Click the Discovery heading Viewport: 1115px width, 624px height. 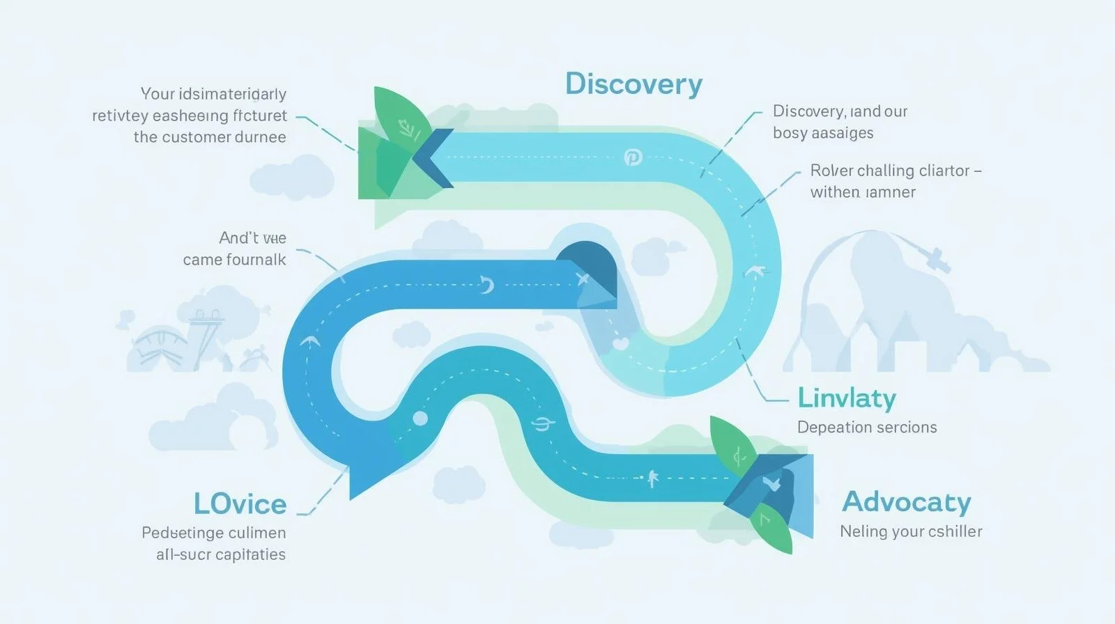pos(633,84)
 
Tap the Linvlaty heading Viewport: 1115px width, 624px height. pos(846,398)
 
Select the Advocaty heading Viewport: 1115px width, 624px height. pos(906,502)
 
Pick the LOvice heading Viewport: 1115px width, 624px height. pos(240,504)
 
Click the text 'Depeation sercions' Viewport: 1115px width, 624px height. pos(867,427)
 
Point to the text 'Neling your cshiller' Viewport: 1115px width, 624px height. pos(911,531)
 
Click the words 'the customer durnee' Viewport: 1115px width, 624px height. pos(210,137)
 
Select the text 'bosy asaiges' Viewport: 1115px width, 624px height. pos(822,133)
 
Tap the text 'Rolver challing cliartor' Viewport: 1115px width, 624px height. pos(890,171)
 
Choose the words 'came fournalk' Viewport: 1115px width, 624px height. pos(234,260)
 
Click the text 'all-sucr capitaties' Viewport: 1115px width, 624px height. pos(221,554)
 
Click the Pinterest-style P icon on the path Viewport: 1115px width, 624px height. pos(633,157)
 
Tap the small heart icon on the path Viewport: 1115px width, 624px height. pos(620,343)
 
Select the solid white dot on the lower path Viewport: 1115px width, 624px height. pos(420,418)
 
